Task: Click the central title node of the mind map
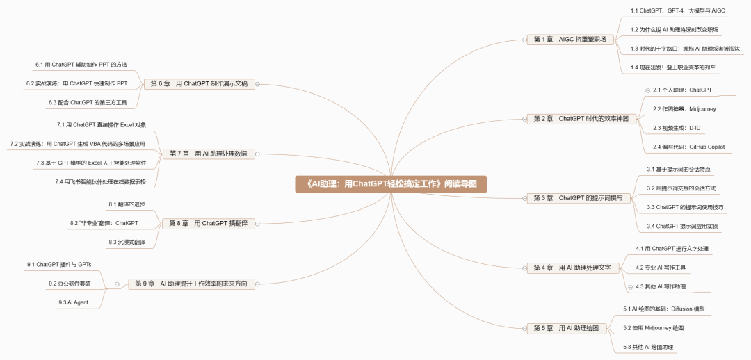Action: pos(389,184)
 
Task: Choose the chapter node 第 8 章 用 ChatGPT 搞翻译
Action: pos(208,223)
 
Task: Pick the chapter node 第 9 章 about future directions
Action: pos(191,284)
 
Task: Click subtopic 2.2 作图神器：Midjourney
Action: pos(684,109)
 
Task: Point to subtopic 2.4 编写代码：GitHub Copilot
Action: pos(688,147)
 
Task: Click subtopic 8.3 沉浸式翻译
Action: pos(127,242)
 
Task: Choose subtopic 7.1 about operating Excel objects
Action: pos(102,125)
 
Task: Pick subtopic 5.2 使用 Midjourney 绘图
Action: pos(654,327)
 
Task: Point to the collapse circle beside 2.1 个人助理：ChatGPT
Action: pos(647,90)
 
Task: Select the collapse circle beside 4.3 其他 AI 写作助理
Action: pos(630,286)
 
